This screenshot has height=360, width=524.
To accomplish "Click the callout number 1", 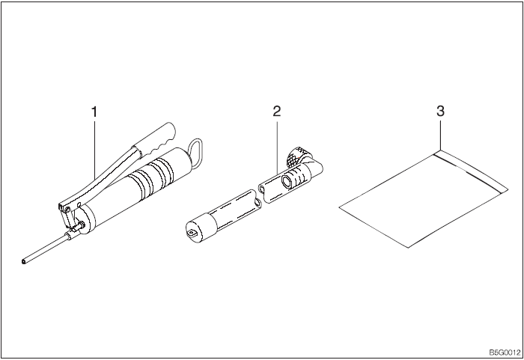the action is pyautogui.click(x=94, y=112).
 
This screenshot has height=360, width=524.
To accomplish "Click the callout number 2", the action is pyautogui.click(x=277, y=112).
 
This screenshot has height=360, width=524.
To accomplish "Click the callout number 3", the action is pyautogui.click(x=440, y=112).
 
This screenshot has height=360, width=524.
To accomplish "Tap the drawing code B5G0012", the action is pyautogui.click(x=505, y=353).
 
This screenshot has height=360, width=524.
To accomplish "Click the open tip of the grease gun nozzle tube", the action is pyautogui.click(x=22, y=262).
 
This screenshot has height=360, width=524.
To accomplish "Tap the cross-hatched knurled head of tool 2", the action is pyautogui.click(x=296, y=156).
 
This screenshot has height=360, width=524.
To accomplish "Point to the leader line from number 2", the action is pyautogui.click(x=277, y=147).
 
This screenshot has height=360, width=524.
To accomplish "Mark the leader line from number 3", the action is pyautogui.click(x=440, y=135).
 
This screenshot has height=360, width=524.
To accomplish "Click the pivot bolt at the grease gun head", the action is pyautogui.click(x=67, y=210).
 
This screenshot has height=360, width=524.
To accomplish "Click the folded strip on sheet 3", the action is pyautogui.click(x=471, y=171).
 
